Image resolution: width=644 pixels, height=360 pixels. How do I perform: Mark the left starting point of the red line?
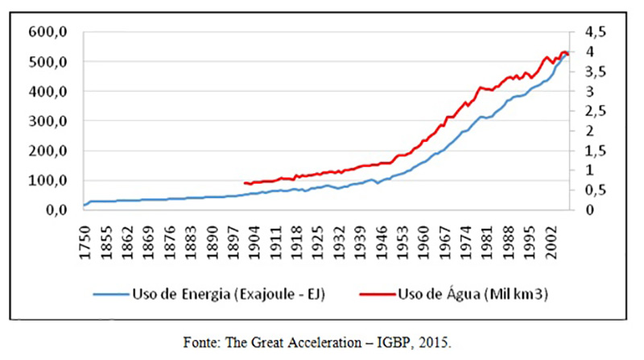click(243, 183)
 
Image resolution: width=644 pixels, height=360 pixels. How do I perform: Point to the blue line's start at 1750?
click(85, 205)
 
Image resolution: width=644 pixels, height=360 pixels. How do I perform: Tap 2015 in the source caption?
click(434, 341)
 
